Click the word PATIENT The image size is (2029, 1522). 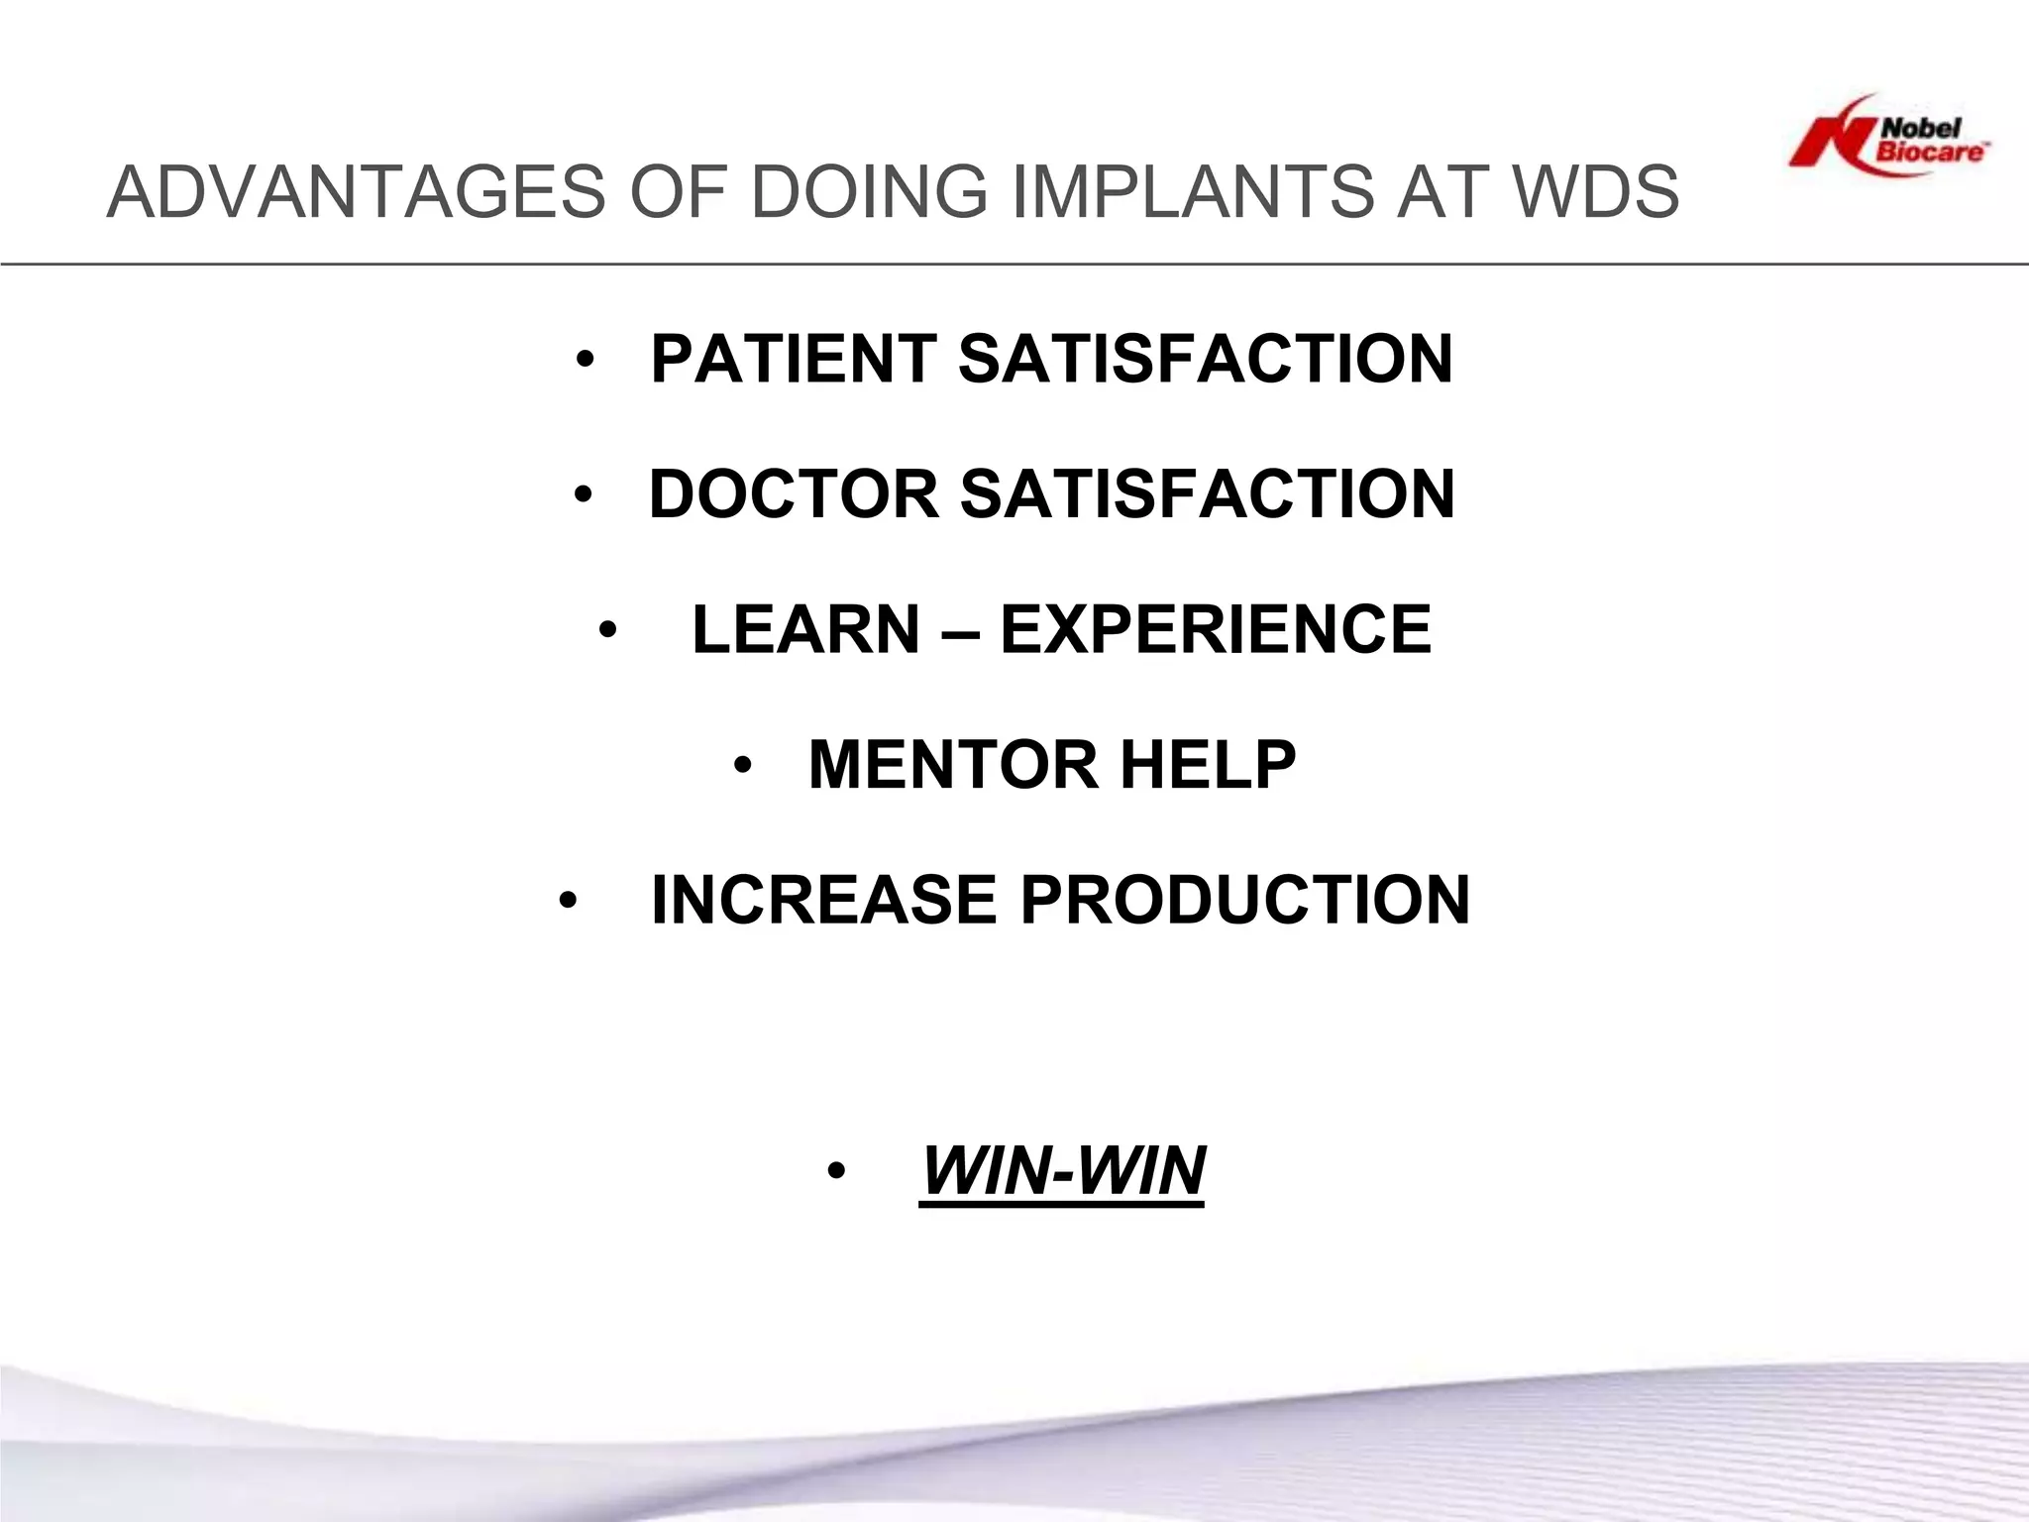tap(794, 359)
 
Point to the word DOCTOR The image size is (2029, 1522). tap(794, 494)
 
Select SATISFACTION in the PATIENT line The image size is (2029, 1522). tap(1205, 359)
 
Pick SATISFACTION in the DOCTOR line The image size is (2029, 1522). tap(1207, 494)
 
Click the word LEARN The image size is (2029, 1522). tap(805, 630)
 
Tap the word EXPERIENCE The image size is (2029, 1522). tap(1216, 630)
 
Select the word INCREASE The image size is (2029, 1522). tap(823, 901)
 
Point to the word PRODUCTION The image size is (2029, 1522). tap(1245, 901)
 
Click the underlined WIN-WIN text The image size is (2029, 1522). tap(1062, 1172)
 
